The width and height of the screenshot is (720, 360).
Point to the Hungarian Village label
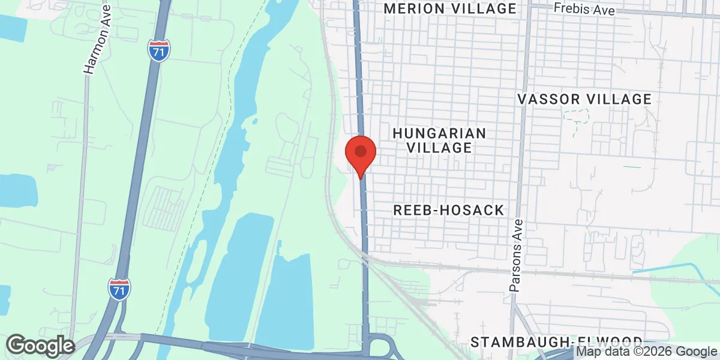tap(439, 140)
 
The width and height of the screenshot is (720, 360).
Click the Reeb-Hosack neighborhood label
tap(449, 210)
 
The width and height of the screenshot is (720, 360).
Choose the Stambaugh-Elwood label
tap(556, 342)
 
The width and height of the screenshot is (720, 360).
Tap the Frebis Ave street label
tap(584, 9)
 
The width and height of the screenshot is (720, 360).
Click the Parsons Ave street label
tap(517, 256)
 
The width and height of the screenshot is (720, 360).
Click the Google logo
tap(40, 346)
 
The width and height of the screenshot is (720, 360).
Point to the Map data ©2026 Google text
tap(647, 352)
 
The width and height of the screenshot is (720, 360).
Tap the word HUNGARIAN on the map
tap(439, 133)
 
